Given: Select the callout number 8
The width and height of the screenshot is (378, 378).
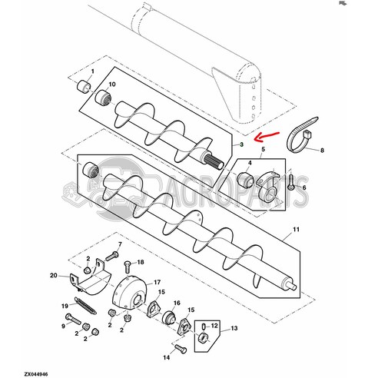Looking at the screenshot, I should coord(322,150).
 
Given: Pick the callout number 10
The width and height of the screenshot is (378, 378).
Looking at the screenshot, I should coord(112,83).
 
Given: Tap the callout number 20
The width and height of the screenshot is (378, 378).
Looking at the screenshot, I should coord(54,275).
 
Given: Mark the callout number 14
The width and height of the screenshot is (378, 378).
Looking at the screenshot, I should coord(164,358).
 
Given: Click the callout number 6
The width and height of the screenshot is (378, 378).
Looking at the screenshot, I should coord(304,187).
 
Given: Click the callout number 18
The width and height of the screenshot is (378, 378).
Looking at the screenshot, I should coord(129,263).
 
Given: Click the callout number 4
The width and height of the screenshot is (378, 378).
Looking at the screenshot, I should coord(249,162).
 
